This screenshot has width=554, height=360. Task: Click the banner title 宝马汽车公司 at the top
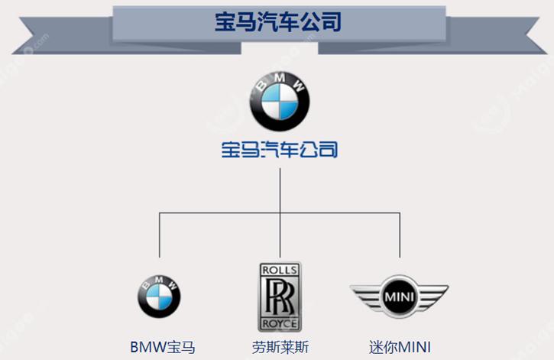point(277,21)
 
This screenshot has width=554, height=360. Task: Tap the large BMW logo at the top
point(280,100)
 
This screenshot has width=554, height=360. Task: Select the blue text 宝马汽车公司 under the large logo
point(280,149)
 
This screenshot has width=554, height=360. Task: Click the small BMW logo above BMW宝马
point(160,294)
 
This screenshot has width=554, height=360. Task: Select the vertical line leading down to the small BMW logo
point(160,237)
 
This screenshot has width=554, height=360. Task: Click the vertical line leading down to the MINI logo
point(400,237)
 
